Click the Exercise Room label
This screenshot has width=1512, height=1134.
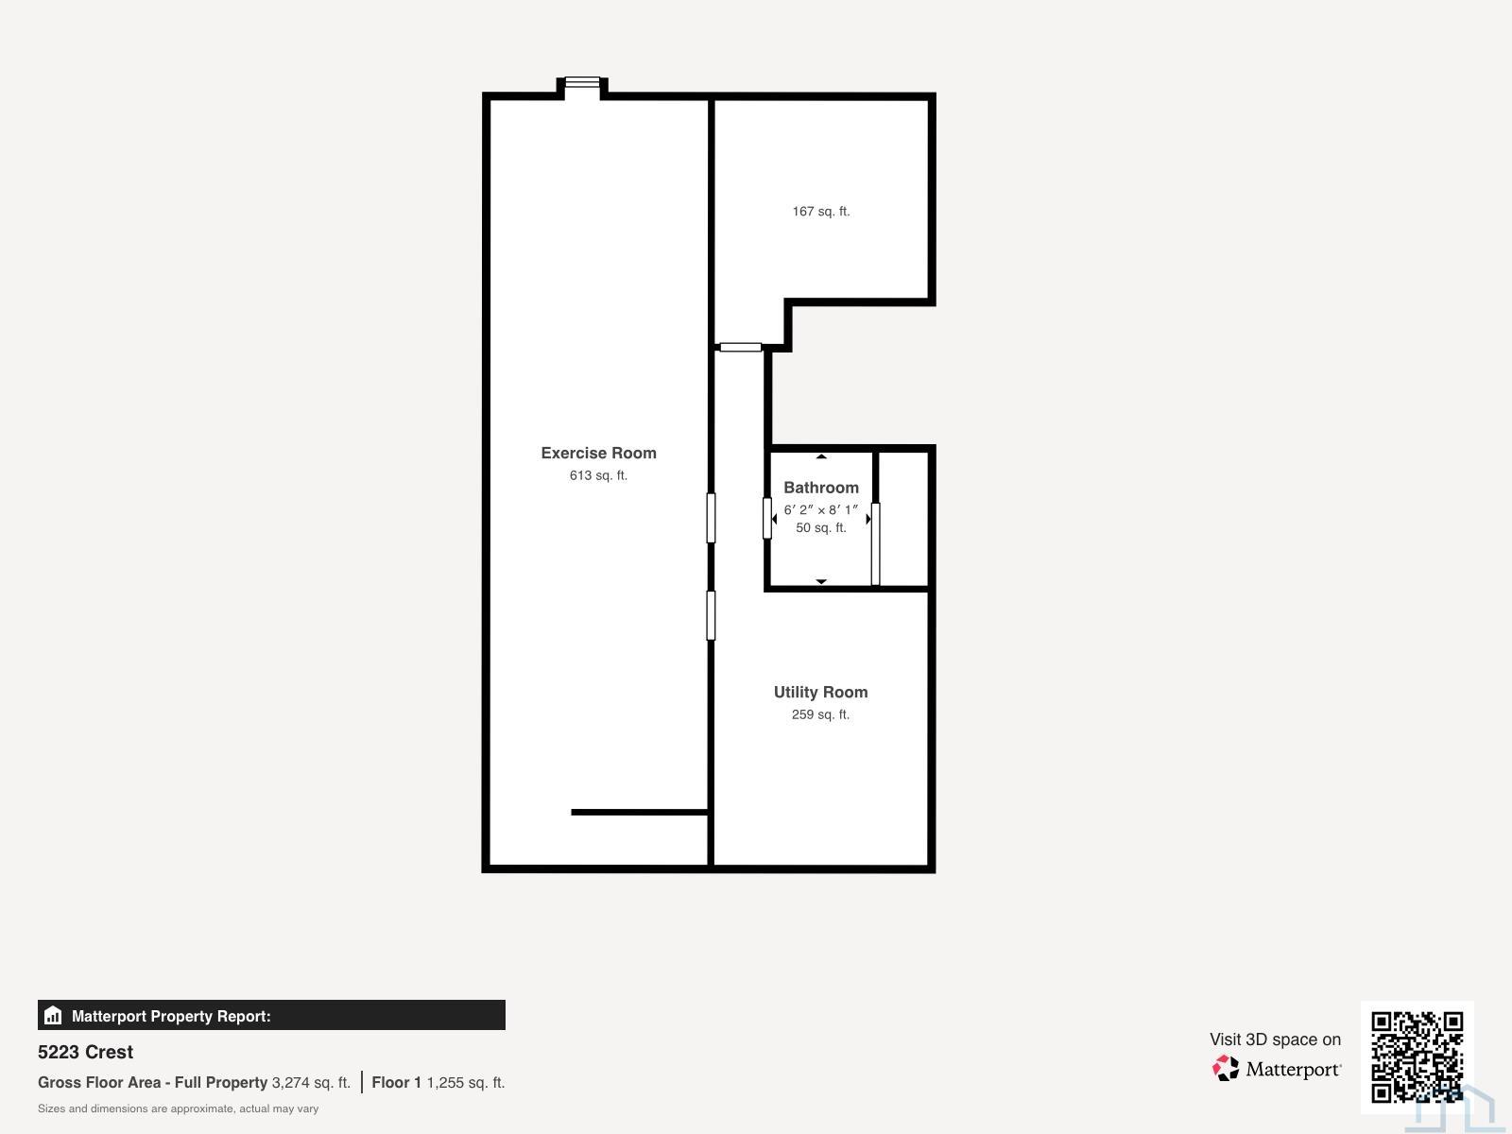click(x=598, y=453)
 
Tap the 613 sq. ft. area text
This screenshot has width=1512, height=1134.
click(x=598, y=475)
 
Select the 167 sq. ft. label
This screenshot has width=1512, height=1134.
click(x=820, y=212)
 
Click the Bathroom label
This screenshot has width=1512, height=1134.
click(x=820, y=488)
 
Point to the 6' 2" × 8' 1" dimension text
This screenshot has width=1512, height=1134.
click(x=820, y=509)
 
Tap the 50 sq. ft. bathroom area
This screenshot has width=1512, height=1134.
click(x=820, y=527)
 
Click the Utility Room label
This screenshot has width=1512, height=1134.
click(x=820, y=692)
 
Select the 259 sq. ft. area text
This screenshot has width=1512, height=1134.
click(x=820, y=714)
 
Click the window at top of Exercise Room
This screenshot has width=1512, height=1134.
click(x=582, y=82)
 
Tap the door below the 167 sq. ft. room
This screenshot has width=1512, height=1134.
click(x=741, y=347)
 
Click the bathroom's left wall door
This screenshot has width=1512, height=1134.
click(x=766, y=519)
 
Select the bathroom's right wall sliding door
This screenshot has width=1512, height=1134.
click(x=875, y=544)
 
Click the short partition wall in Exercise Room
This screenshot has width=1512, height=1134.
click(x=640, y=813)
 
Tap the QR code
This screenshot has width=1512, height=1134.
click(x=1417, y=1057)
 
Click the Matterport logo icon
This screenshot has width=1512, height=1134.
click(x=1226, y=1068)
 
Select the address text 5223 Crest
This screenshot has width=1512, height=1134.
click(x=85, y=1052)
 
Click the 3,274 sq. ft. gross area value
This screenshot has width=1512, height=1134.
click(x=311, y=1082)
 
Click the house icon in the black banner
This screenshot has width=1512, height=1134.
click(x=53, y=1015)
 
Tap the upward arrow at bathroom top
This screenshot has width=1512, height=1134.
click(x=821, y=455)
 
